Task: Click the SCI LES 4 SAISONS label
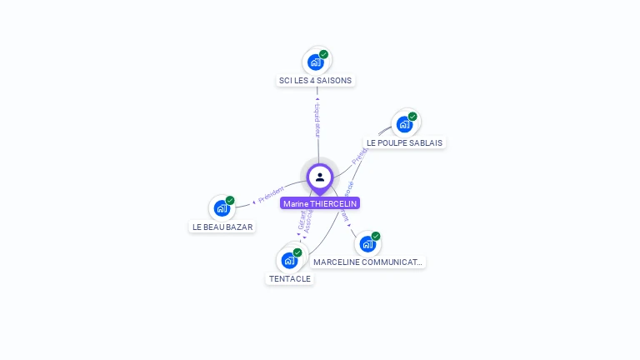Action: (316, 81)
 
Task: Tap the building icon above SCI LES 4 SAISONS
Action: (316, 62)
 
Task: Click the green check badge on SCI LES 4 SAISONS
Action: (323, 54)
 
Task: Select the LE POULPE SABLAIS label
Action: (404, 142)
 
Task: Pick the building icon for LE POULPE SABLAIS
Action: (404, 124)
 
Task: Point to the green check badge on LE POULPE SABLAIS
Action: (412, 117)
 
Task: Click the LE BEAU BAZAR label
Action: (222, 227)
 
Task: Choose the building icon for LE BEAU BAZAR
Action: (222, 208)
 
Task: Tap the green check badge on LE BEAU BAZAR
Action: (230, 201)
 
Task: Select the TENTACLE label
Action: (290, 278)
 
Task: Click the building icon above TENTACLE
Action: (289, 260)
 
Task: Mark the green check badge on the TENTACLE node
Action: (297, 252)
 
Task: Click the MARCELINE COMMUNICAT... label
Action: (367, 262)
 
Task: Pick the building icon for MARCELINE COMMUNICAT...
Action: (367, 244)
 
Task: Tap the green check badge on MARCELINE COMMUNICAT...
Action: (376, 237)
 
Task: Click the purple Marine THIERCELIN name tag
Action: (320, 203)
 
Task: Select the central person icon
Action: (320, 177)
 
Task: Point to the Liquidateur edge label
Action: (317, 122)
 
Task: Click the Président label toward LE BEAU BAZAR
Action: (272, 195)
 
